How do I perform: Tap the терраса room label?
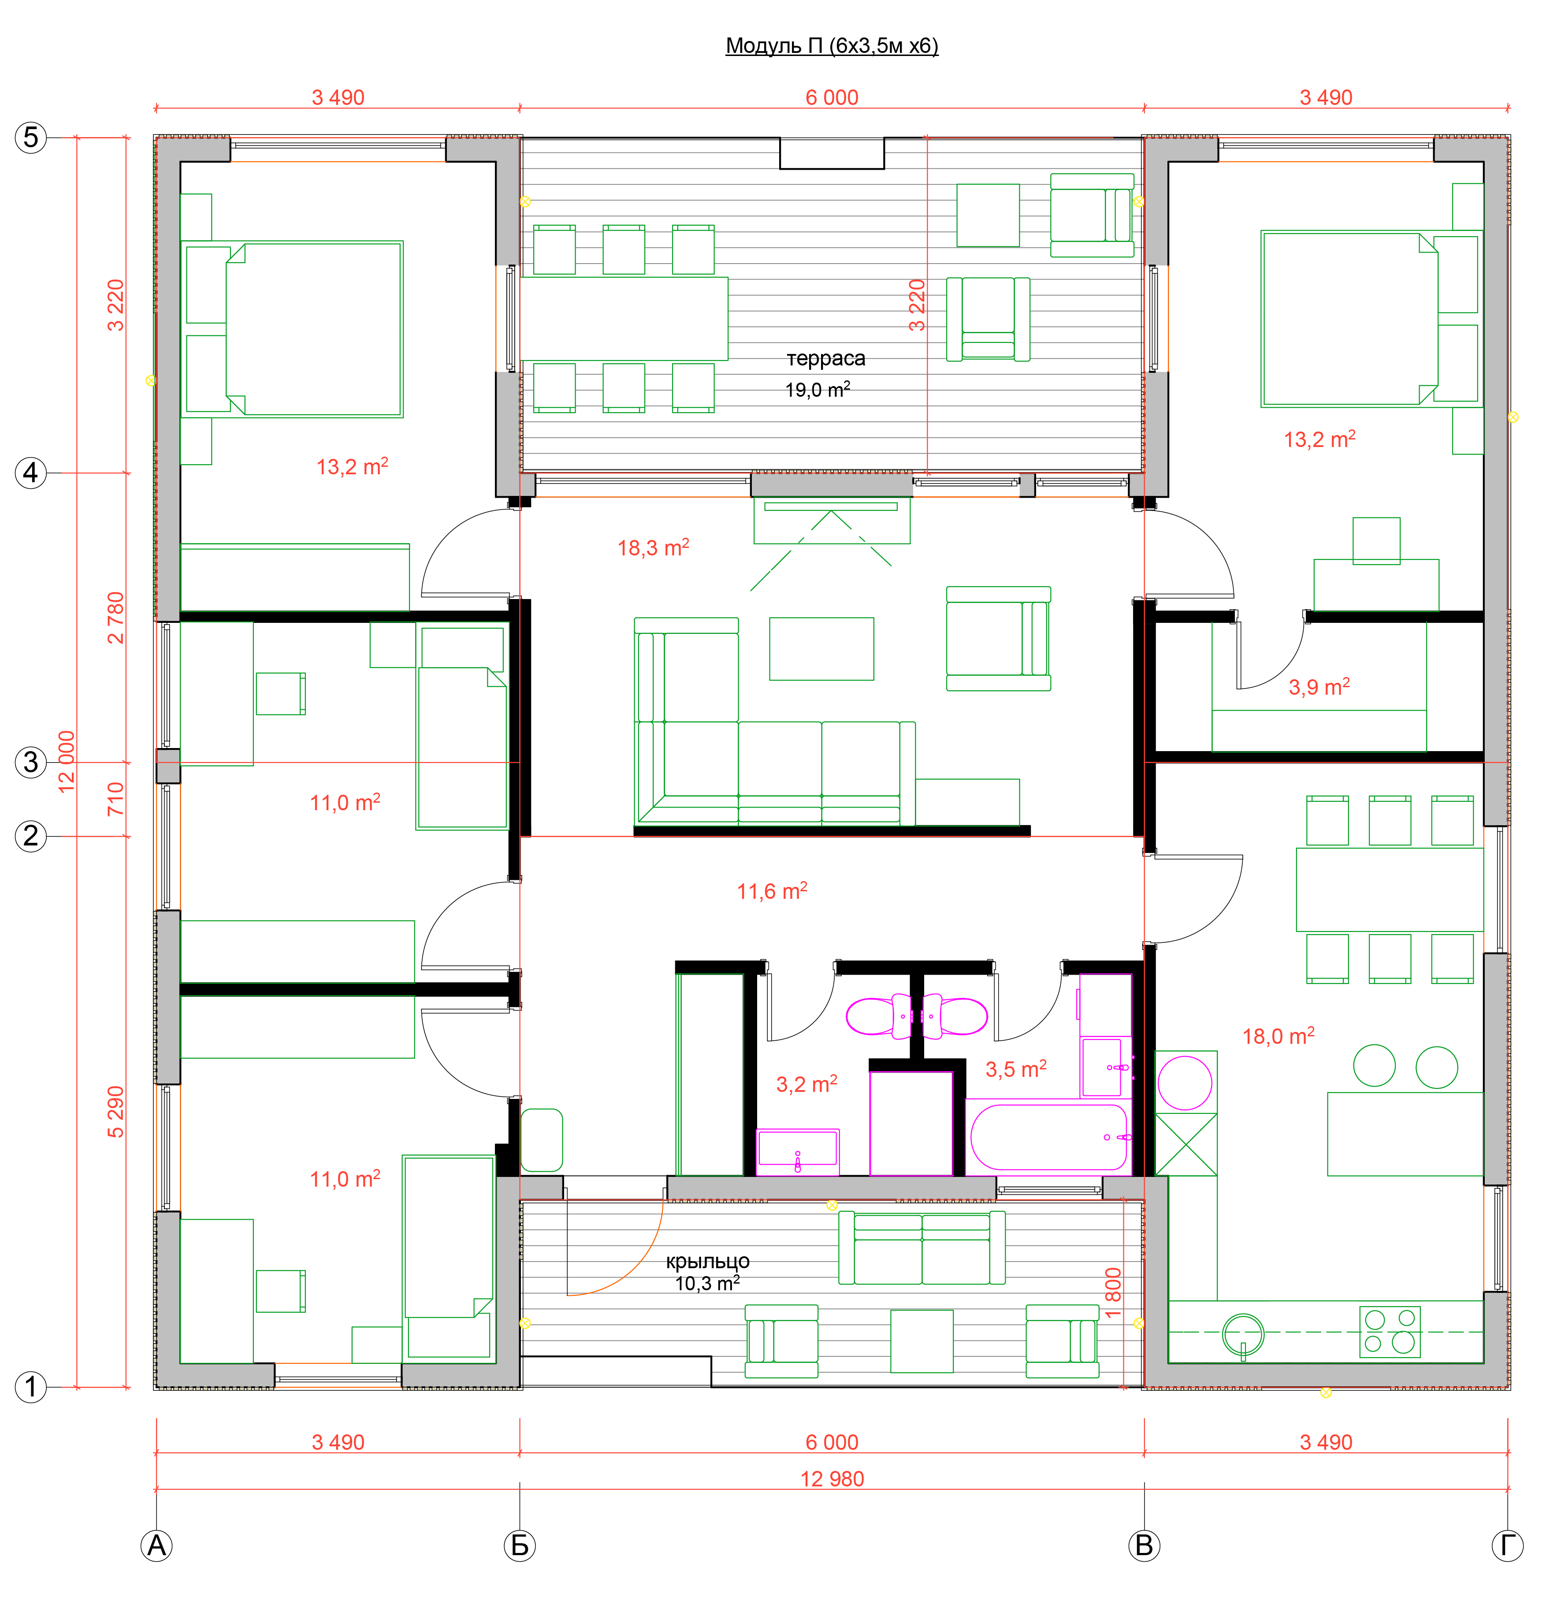point(826,358)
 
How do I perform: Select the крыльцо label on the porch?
point(707,1261)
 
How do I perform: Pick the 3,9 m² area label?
point(1319,686)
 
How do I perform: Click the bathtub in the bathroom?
point(1048,1137)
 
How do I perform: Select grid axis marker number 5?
point(31,137)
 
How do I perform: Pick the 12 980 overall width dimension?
point(831,1478)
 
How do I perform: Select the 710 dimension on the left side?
point(116,799)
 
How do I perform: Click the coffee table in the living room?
point(821,648)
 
